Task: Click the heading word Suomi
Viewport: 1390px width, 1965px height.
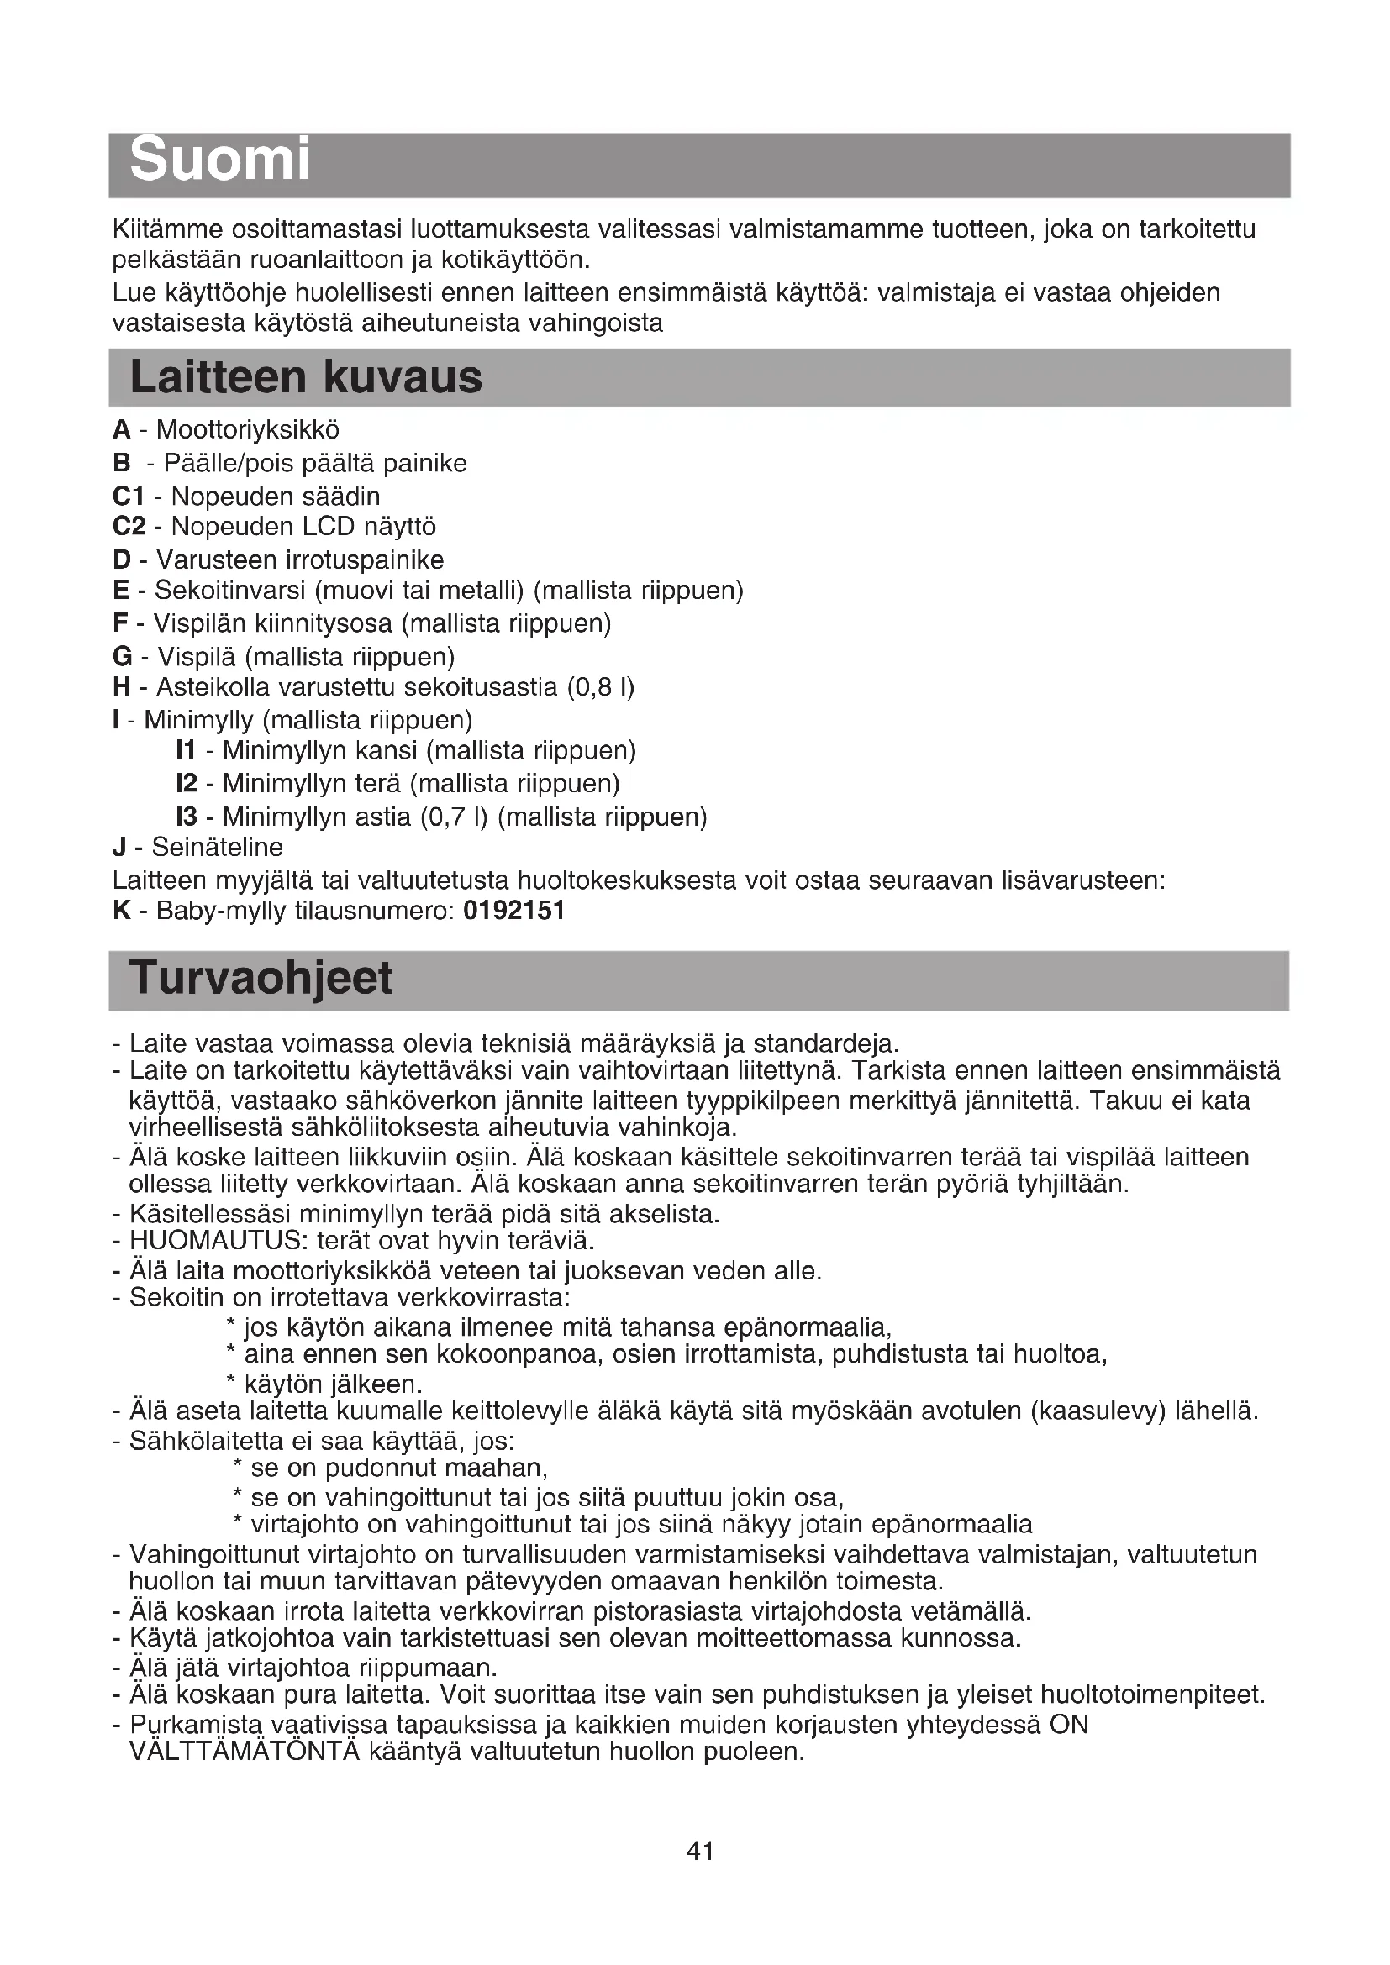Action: click(x=220, y=161)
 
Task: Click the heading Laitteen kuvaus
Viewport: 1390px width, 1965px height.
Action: click(x=306, y=377)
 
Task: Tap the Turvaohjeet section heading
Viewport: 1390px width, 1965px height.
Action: click(x=261, y=978)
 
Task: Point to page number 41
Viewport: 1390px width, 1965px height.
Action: click(x=700, y=1852)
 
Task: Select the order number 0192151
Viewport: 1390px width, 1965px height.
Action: click(x=513, y=911)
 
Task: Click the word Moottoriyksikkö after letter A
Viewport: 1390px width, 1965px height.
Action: click(x=247, y=429)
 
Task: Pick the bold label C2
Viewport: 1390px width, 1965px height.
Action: click(x=129, y=527)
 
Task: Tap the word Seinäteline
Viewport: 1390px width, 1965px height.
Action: click(x=218, y=848)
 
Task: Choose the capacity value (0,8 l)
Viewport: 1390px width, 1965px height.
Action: click(x=601, y=687)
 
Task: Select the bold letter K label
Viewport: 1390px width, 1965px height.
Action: click(x=122, y=911)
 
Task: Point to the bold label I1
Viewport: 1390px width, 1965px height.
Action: click(x=186, y=750)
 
